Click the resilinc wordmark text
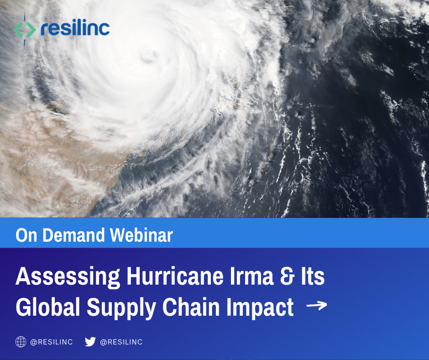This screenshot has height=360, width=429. (x=75, y=28)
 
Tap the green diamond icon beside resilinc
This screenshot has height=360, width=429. (x=24, y=30)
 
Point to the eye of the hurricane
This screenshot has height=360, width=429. (x=149, y=56)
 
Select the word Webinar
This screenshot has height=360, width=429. (x=141, y=235)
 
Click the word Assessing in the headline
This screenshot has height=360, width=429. (x=68, y=277)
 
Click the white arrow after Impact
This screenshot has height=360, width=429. (x=317, y=306)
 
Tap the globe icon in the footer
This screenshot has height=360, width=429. (x=21, y=342)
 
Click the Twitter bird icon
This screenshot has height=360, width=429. (x=90, y=342)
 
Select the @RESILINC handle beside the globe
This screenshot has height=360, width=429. (x=52, y=342)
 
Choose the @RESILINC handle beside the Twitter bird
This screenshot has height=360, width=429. (x=121, y=342)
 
